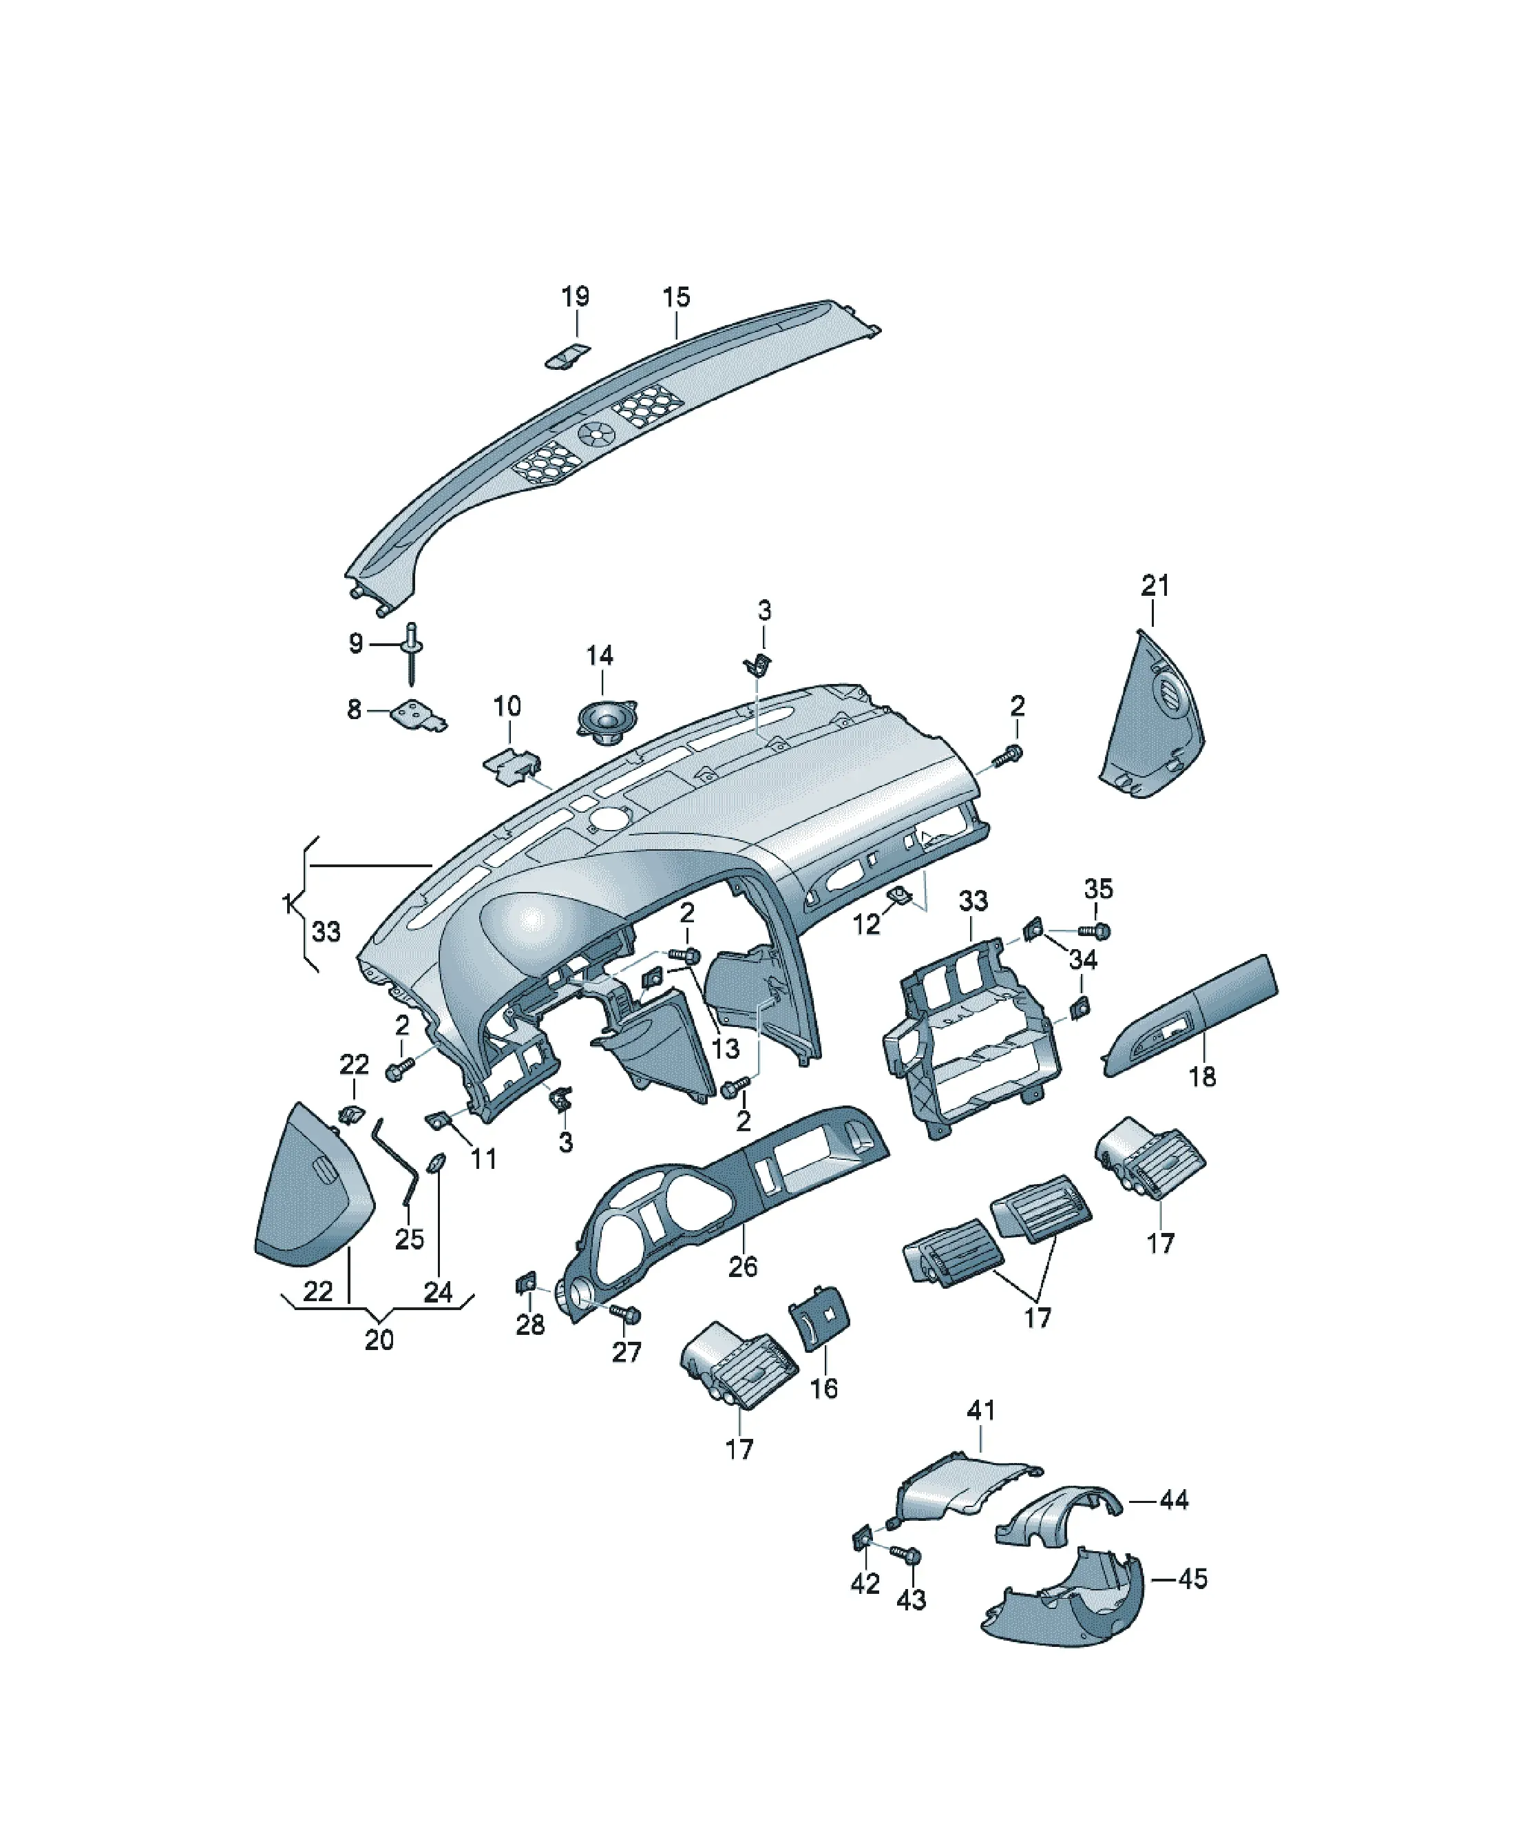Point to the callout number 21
pyautogui.click(x=1155, y=585)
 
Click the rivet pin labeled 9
pyautogui.click(x=411, y=654)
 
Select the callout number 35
pyautogui.click(x=1099, y=889)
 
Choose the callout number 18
pyautogui.click(x=1202, y=1077)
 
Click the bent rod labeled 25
pyautogui.click(x=395, y=1161)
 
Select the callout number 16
pyautogui.click(x=823, y=1389)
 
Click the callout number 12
pyautogui.click(x=866, y=924)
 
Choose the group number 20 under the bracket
pyautogui.click(x=379, y=1340)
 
